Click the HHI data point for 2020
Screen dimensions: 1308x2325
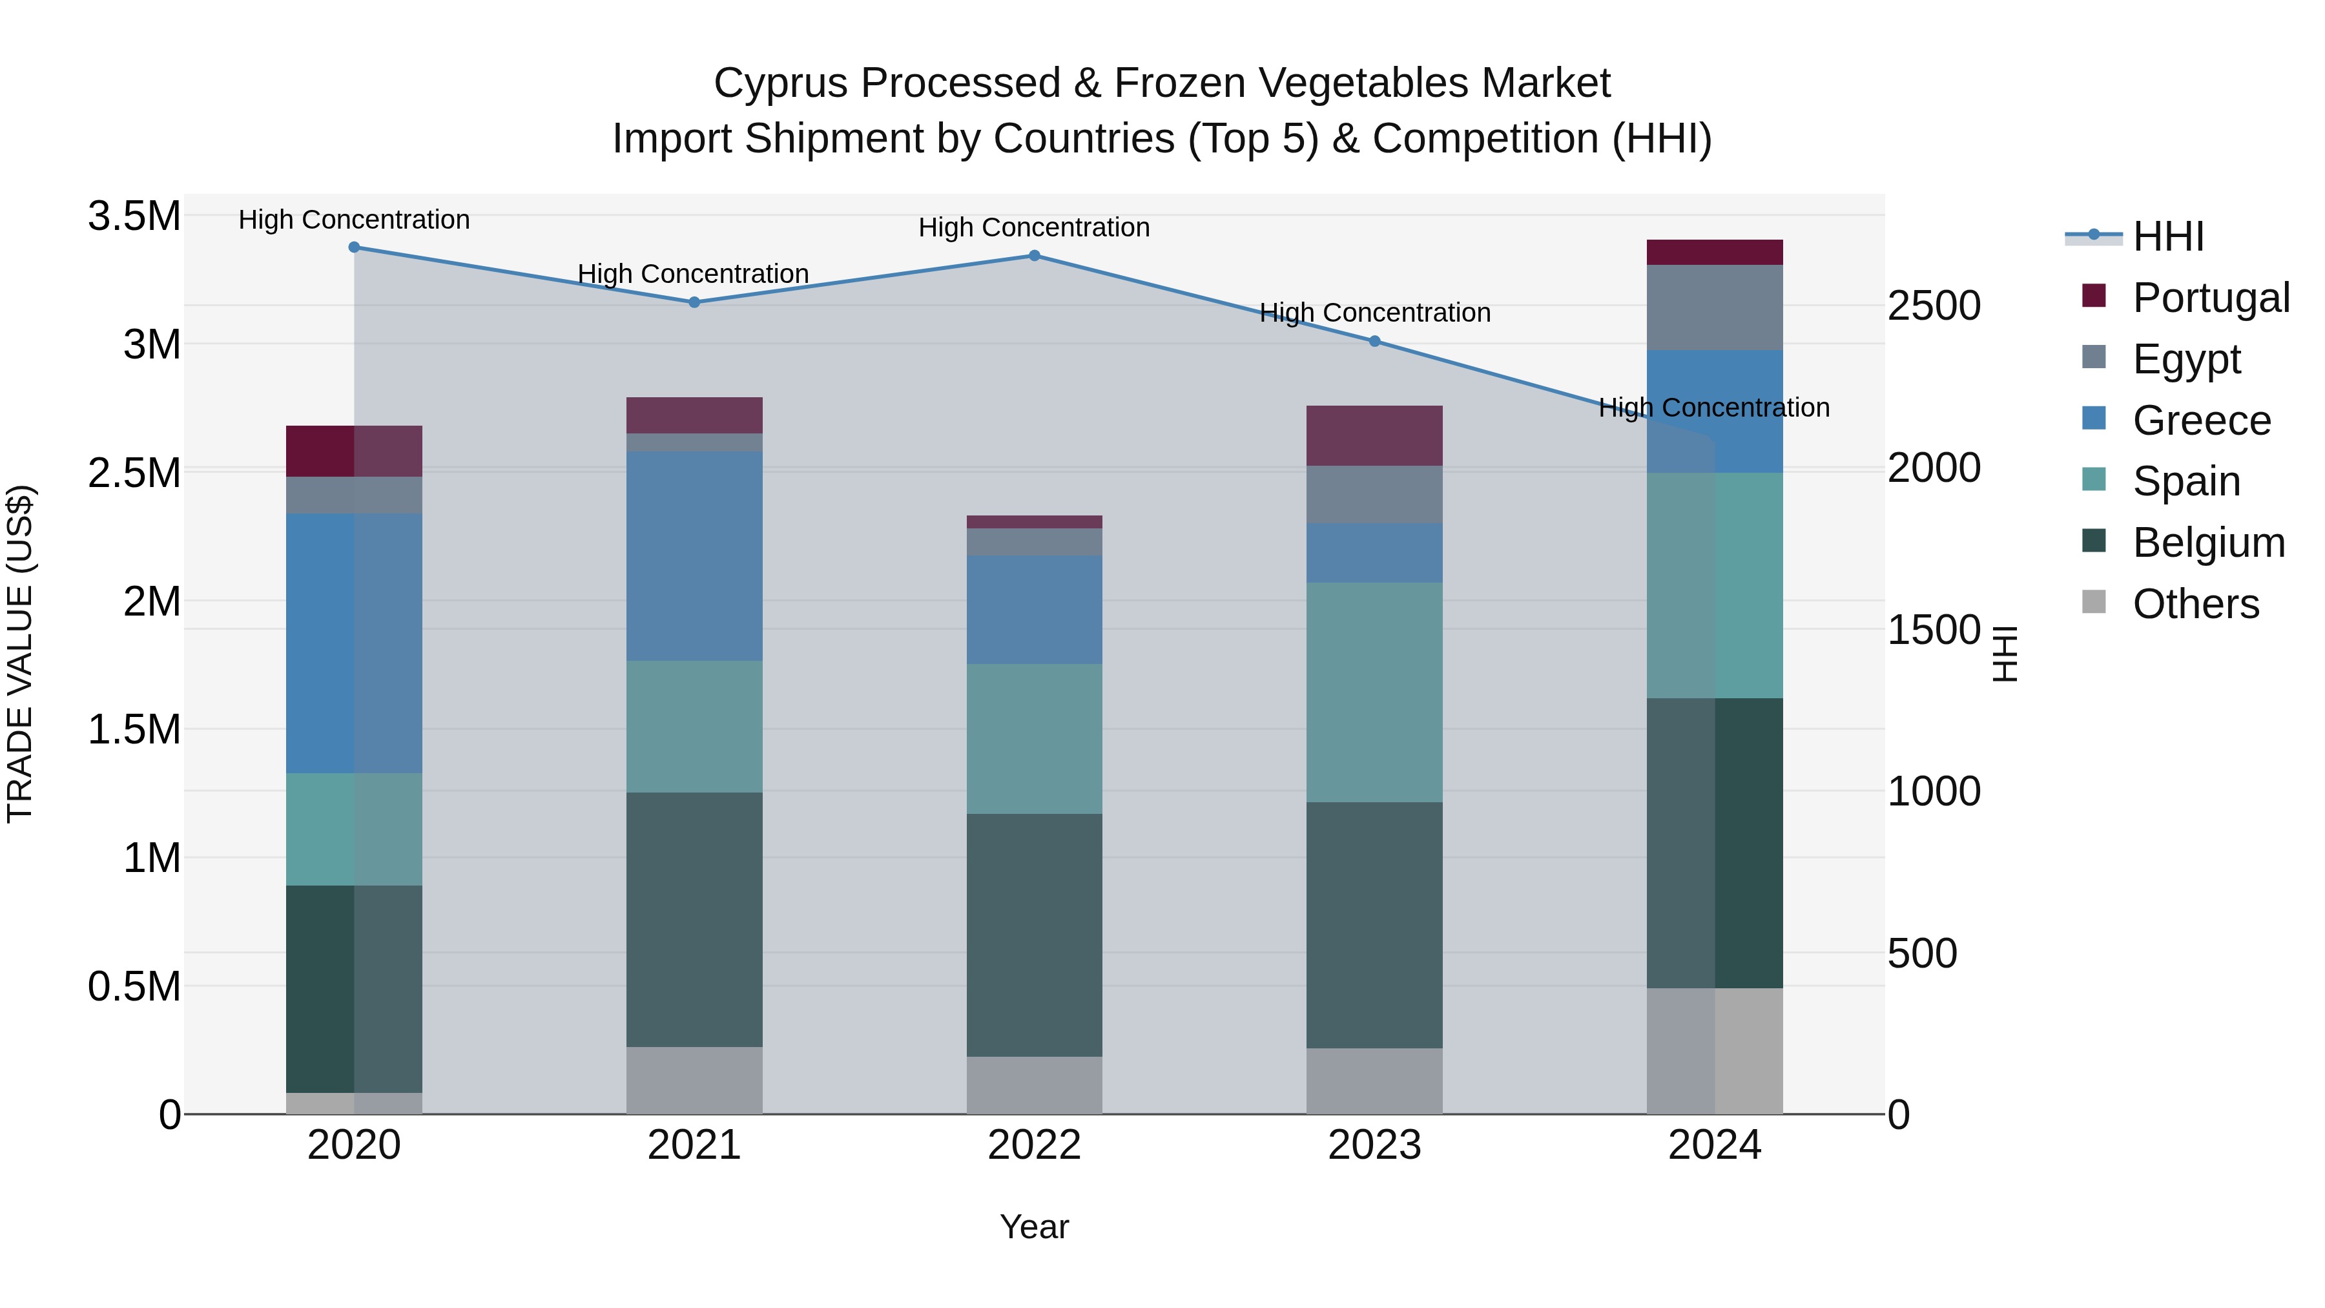coord(354,247)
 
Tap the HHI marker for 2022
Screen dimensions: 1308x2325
coord(1035,255)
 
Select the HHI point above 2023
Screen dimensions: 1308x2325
coord(1374,341)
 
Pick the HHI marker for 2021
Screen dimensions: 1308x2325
coord(694,302)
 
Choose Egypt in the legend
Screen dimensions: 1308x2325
coord(2186,358)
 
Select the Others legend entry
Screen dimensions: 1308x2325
coord(2195,604)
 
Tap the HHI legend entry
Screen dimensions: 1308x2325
coord(2168,236)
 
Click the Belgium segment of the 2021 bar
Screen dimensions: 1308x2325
coord(694,919)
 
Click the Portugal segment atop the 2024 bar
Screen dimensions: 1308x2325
coord(1714,252)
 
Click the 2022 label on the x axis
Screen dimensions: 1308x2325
coord(1035,1145)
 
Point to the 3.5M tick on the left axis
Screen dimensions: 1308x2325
coord(134,216)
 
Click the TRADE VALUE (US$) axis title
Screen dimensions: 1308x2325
coord(20,654)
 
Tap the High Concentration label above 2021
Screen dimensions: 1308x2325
coord(693,273)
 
